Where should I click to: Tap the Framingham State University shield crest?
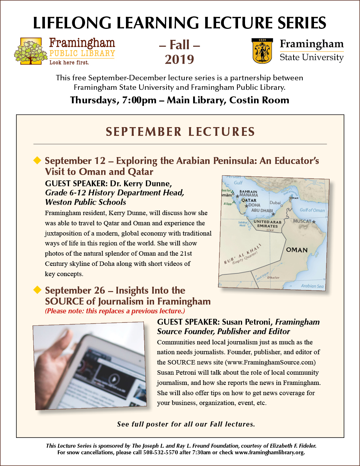262,51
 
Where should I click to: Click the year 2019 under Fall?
179,60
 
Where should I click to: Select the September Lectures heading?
180,132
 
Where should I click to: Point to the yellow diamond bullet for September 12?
37,160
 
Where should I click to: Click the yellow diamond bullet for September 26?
37,290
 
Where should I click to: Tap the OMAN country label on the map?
296,250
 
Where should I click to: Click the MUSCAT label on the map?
302,221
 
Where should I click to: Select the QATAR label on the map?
249,200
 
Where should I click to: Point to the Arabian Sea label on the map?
312,286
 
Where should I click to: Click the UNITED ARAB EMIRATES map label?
267,224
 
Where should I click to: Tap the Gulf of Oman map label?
312,210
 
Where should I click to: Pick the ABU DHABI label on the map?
262,210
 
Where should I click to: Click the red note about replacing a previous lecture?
115,311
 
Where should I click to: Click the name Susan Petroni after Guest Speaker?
247,322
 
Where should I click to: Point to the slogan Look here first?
69,62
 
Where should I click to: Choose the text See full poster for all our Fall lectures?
186,424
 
